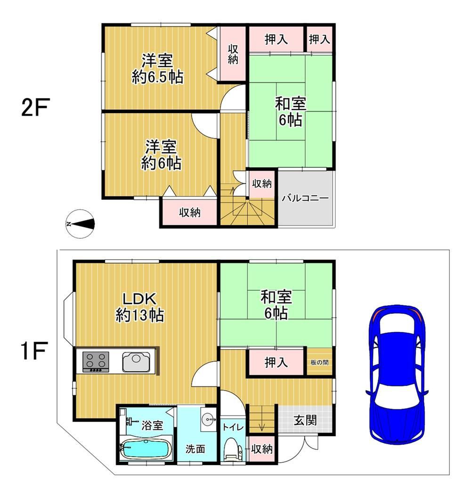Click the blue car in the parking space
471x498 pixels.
click(x=397, y=374)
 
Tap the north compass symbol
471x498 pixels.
click(x=81, y=224)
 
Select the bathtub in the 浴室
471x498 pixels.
click(x=146, y=449)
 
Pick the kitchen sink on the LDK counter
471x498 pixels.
click(x=137, y=362)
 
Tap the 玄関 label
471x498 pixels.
click(x=305, y=420)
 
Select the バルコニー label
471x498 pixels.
click(x=305, y=198)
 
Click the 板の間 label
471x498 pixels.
click(x=319, y=362)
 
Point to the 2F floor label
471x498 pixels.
click(x=36, y=107)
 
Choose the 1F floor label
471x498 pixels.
click(x=34, y=351)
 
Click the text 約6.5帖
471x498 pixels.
click(x=157, y=77)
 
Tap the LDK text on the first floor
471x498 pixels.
click(x=139, y=299)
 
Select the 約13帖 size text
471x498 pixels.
click(x=140, y=315)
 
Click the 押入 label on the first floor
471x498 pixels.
click(x=276, y=362)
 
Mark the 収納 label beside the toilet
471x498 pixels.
click(x=262, y=449)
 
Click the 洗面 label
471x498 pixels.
click(x=195, y=449)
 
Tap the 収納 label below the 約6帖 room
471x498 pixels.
click(x=190, y=212)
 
